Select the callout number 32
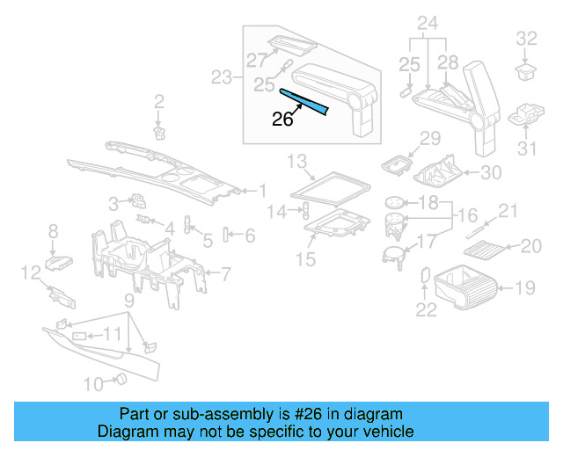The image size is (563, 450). pyautogui.click(x=526, y=38)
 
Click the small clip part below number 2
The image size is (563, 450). pyautogui.click(x=159, y=132)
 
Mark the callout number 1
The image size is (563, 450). pyautogui.click(x=261, y=190)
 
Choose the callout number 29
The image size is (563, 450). pyautogui.click(x=429, y=137)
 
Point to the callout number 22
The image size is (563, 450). pyautogui.click(x=426, y=308)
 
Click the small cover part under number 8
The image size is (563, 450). pyautogui.click(x=60, y=260)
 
